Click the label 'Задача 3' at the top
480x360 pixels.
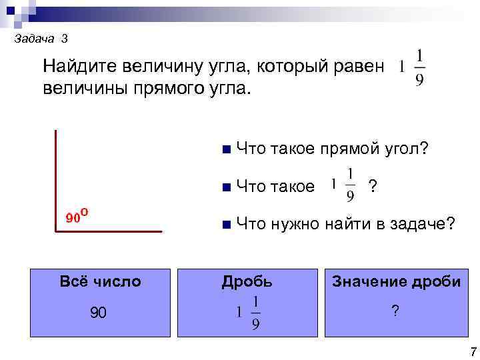pyautogui.click(x=40, y=39)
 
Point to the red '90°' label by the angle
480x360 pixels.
pyautogui.click(x=77, y=215)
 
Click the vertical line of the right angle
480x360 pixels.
pyautogui.click(x=57, y=180)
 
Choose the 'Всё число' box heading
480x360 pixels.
pyautogui.click(x=100, y=281)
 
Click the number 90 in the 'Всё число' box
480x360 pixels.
pyautogui.click(x=97, y=313)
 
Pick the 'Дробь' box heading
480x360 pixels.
pyautogui.click(x=247, y=281)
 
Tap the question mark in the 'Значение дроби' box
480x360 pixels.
pyautogui.click(x=395, y=311)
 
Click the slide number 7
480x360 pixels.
pyautogui.click(x=471, y=351)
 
